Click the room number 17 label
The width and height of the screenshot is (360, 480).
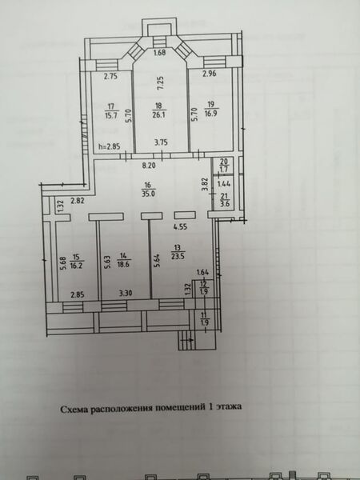111,105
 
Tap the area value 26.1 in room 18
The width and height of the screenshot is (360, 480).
159,114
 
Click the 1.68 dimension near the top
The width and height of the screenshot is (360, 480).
159,54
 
